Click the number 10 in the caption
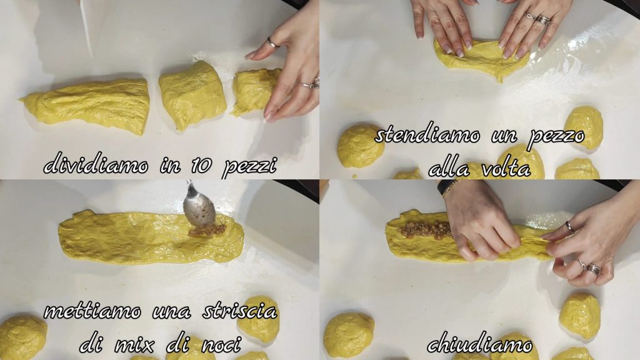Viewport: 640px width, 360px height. pyautogui.click(x=201, y=165)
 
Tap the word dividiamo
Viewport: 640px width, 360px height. pyautogui.click(x=96, y=164)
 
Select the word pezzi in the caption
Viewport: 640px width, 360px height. pyautogui.click(x=250, y=166)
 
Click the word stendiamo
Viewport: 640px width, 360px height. pyautogui.click(x=427, y=135)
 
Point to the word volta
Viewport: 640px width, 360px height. pyautogui.click(x=506, y=167)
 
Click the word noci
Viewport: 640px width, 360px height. pyautogui.click(x=221, y=345)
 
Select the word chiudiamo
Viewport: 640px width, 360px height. pyautogui.click(x=479, y=344)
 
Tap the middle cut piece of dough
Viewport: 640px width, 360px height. pyautogui.click(x=192, y=95)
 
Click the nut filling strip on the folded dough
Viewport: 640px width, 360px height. pyautogui.click(x=426, y=231)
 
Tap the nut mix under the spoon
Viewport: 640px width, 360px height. pyautogui.click(x=207, y=231)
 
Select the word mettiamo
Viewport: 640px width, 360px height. pyautogui.click(x=92, y=312)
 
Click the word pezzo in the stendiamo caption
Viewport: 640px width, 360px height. pyautogui.click(x=556, y=137)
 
